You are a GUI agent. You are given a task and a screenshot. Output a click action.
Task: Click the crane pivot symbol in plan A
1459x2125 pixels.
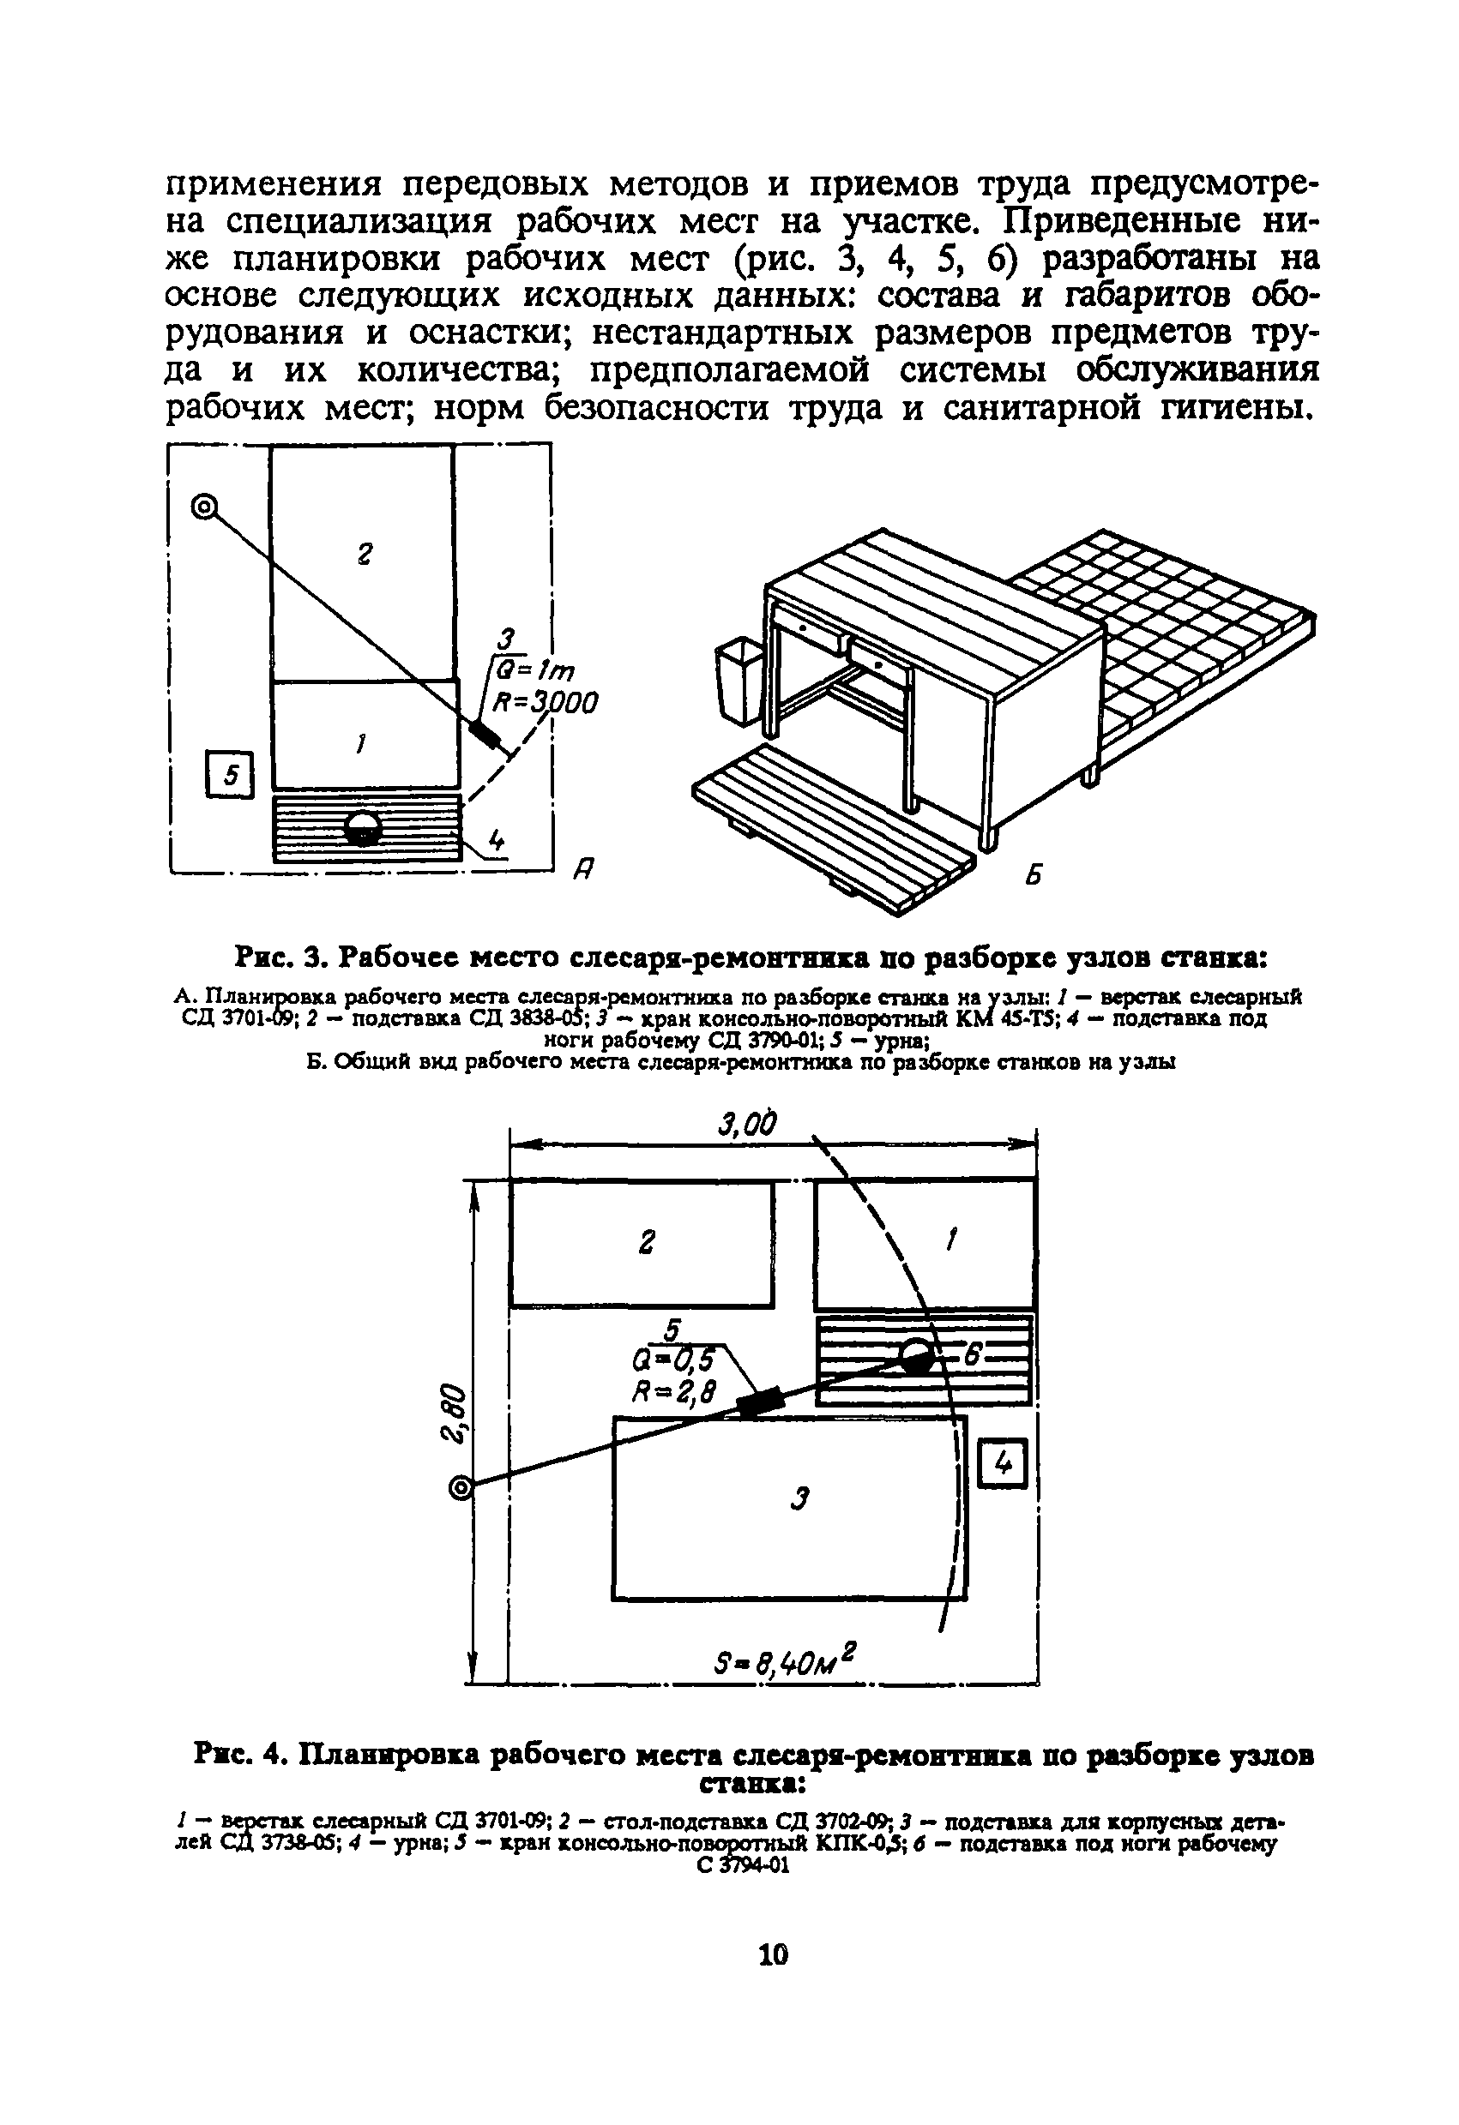[x=205, y=506]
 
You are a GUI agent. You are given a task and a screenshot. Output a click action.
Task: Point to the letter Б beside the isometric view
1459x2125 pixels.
[x=1033, y=874]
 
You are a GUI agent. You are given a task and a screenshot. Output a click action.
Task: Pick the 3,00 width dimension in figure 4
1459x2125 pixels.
[x=747, y=1125]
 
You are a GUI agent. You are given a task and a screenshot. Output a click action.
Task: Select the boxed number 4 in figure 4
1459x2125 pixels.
[x=1004, y=1464]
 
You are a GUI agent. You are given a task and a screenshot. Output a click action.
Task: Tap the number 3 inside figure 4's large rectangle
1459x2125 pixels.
[x=800, y=1498]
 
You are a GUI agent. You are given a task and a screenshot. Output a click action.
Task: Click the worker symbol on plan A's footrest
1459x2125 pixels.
[x=364, y=828]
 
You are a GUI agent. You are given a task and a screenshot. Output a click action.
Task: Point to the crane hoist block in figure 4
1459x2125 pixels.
[x=761, y=1402]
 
